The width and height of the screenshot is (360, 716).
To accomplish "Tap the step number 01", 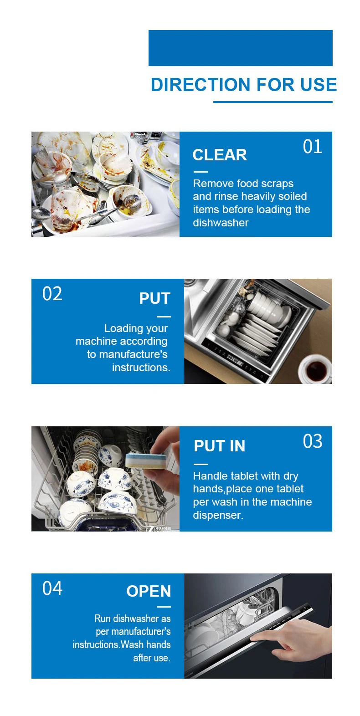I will click(x=312, y=147).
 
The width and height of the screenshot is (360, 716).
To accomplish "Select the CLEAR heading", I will click(x=220, y=155).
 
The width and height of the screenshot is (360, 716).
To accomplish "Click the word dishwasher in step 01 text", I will click(x=221, y=223).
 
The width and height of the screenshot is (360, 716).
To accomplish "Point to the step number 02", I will click(x=52, y=294).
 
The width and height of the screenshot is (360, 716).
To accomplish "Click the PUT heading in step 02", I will click(x=154, y=298).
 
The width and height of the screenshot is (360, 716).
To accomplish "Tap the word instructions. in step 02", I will click(x=141, y=368).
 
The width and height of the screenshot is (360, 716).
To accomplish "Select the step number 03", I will click(x=312, y=441).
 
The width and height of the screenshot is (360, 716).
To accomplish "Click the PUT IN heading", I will click(x=220, y=446).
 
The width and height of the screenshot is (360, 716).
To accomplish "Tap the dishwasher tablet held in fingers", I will click(x=145, y=460).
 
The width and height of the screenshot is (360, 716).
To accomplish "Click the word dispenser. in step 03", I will click(x=218, y=515).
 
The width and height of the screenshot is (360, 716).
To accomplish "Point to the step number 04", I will click(x=52, y=588).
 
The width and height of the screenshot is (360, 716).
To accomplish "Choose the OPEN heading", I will click(x=149, y=591).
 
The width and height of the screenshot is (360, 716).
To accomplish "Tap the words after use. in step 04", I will click(x=152, y=658).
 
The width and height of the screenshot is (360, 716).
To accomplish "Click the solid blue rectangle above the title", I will click(x=240, y=48).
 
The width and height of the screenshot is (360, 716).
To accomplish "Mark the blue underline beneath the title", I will click(x=273, y=102).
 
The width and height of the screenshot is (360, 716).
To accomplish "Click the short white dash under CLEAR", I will click(x=201, y=172).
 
